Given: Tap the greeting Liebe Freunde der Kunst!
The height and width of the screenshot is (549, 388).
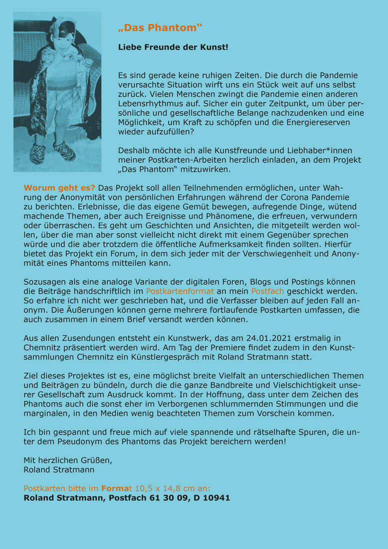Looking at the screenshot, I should tap(173, 47).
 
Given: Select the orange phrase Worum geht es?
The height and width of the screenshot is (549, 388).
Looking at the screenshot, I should tap(59, 188).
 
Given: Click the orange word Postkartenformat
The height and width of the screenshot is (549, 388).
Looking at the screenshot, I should tap(180, 291).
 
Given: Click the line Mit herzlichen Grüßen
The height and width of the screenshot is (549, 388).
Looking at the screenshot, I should tap(68, 461).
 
